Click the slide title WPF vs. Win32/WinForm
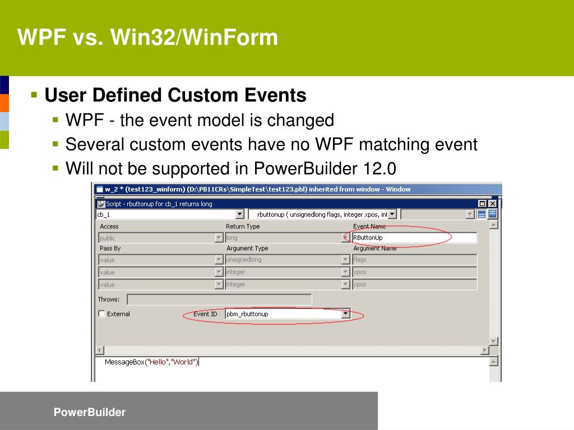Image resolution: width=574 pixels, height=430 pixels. click(x=147, y=38)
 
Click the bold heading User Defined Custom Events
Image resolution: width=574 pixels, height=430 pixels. click(x=175, y=95)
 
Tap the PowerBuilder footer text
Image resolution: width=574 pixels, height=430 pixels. click(x=90, y=413)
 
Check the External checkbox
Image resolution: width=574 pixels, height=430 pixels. click(x=101, y=314)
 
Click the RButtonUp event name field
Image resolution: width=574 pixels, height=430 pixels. click(x=414, y=238)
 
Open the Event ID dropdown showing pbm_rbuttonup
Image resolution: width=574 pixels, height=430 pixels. click(x=345, y=314)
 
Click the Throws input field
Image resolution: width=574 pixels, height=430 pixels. click(x=219, y=300)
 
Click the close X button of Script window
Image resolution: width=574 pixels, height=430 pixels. click(x=492, y=204)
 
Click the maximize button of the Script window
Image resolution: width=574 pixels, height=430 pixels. click(x=482, y=204)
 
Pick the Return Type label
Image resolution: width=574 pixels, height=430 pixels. click(x=243, y=227)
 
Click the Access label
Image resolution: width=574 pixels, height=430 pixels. click(x=109, y=227)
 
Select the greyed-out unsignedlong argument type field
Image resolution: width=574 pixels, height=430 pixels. click(x=283, y=260)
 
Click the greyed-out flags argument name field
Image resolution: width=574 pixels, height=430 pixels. click(x=414, y=260)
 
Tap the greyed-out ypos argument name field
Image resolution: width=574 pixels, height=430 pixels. click(x=414, y=284)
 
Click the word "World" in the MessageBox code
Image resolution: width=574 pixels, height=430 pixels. click(x=184, y=362)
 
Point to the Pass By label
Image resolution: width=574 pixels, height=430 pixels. click(x=110, y=249)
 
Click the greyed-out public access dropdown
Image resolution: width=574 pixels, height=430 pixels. click(x=160, y=238)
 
